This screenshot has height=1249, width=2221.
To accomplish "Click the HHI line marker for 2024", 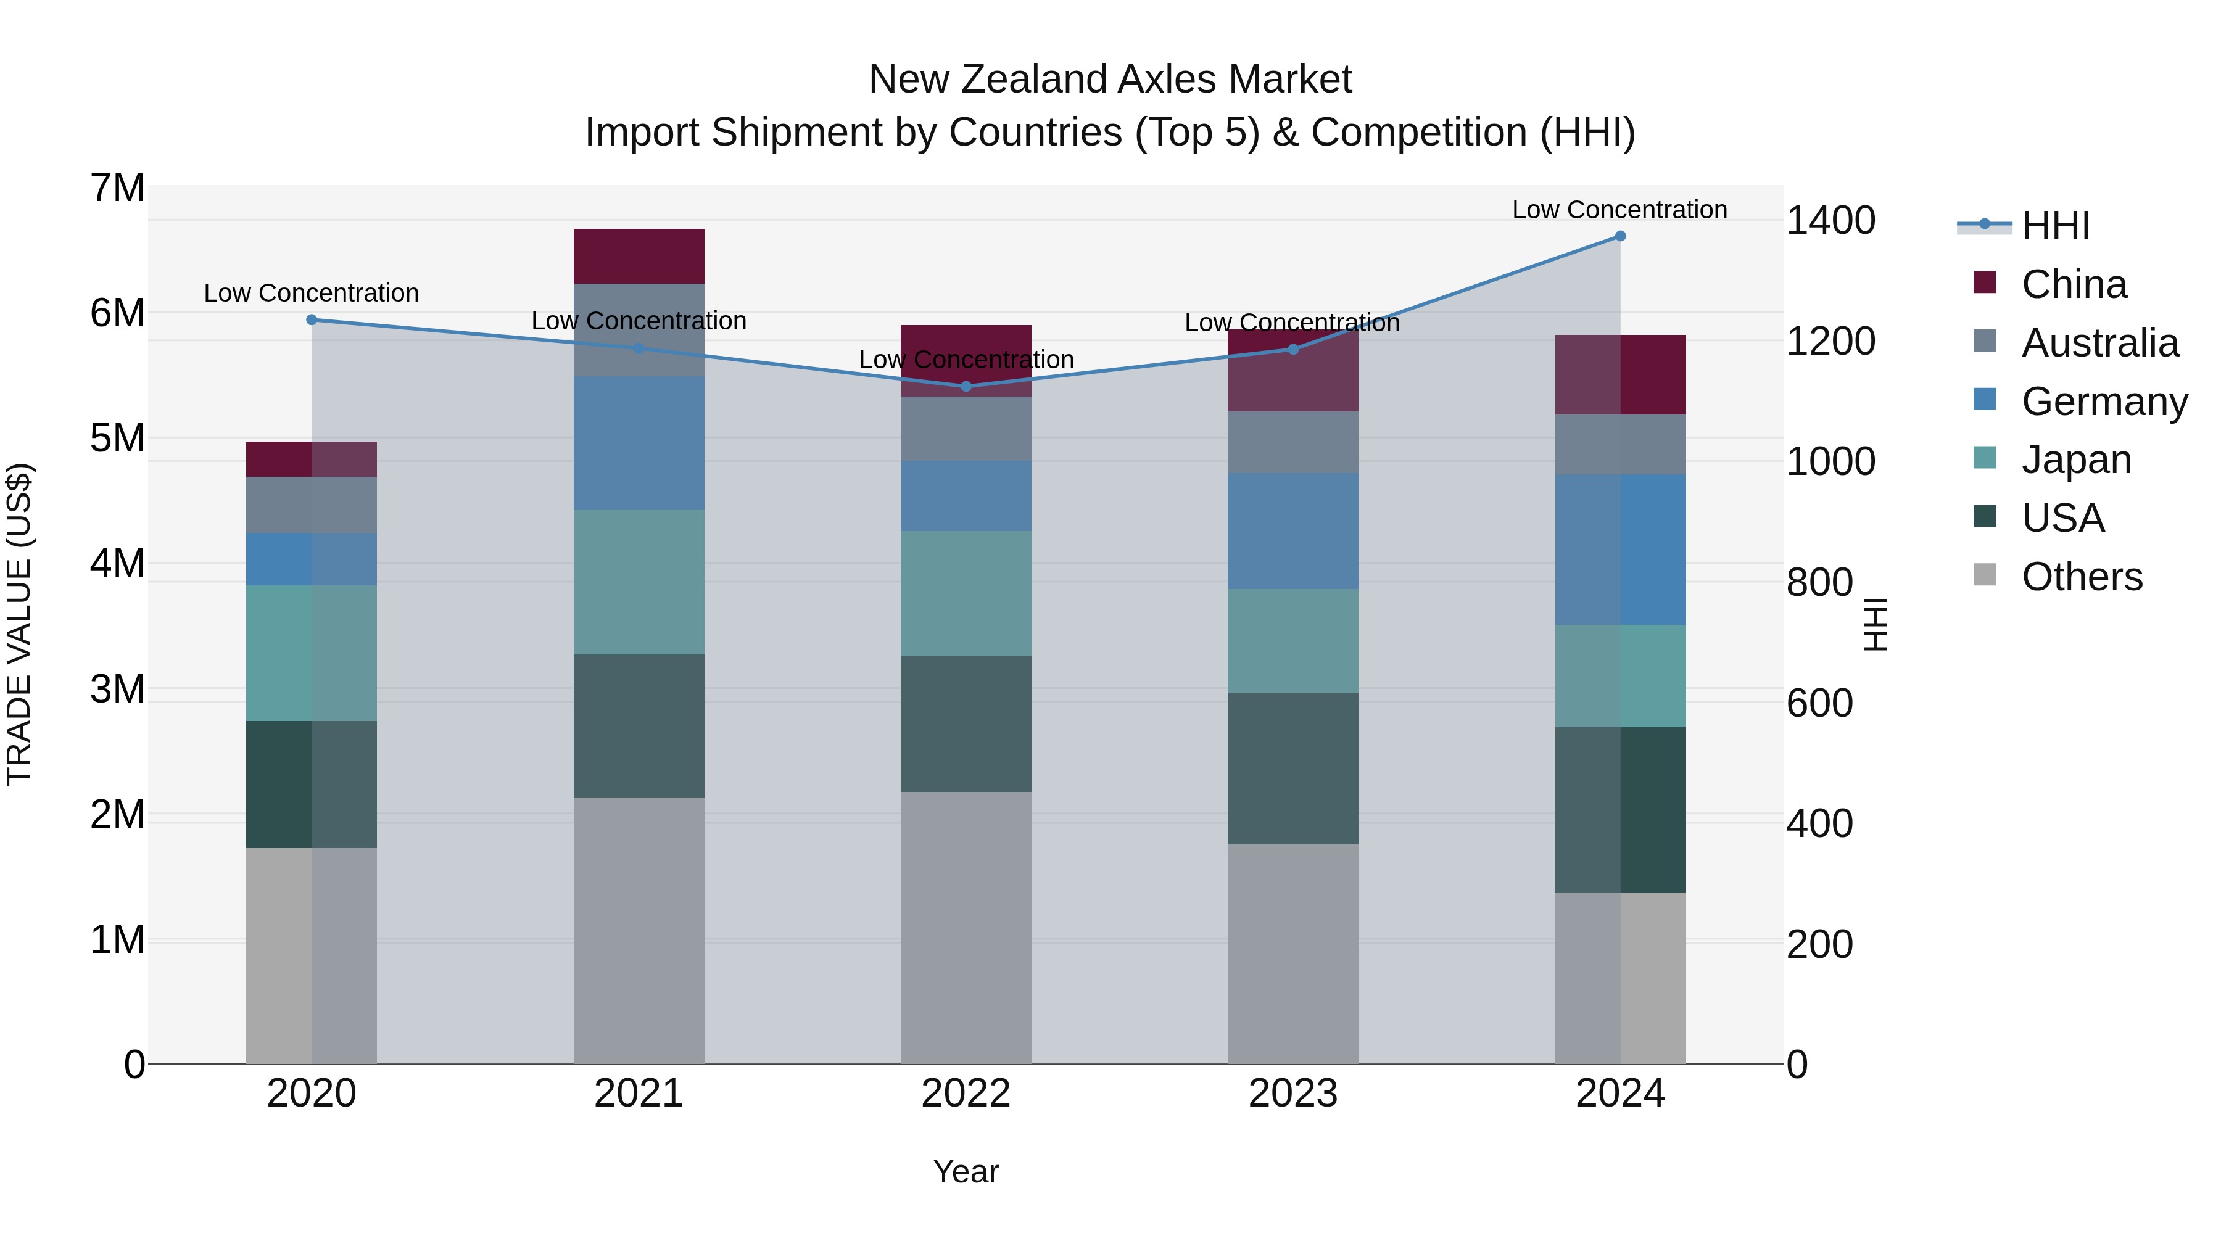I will coord(1620,236).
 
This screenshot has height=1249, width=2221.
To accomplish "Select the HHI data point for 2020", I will coord(312,319).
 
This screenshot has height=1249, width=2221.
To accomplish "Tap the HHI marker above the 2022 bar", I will coord(966,386).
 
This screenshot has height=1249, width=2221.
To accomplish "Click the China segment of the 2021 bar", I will coord(639,256).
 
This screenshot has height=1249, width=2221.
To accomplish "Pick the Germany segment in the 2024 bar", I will coord(1620,549).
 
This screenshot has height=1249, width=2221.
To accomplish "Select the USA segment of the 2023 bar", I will coord(1292,768).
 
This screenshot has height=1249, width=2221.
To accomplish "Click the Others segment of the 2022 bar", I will coord(966,928).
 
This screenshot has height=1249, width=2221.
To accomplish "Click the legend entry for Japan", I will coord(2075,460).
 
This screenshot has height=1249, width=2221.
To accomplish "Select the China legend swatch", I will coord(1985,282).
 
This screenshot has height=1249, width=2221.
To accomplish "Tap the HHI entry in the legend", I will coord(2056,226).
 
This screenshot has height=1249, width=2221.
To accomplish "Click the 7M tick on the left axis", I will coord(117,188).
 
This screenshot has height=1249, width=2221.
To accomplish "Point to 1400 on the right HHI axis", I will coord(1830,221).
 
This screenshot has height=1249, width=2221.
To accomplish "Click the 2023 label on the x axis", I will coord(1292,1094).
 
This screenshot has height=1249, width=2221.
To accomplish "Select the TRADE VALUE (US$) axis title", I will coord(20,624).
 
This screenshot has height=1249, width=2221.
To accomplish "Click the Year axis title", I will coord(966,1171).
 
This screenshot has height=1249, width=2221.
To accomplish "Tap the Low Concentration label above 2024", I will coord(1619,210).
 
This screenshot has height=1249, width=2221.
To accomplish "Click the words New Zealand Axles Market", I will coord(1110,80).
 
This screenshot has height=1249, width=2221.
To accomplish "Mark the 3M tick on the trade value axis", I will coord(117,689).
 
